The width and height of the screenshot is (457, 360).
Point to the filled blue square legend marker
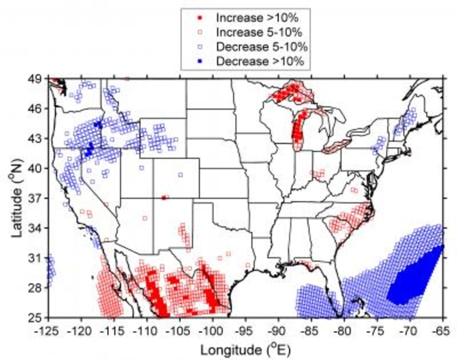coord(198,61)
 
